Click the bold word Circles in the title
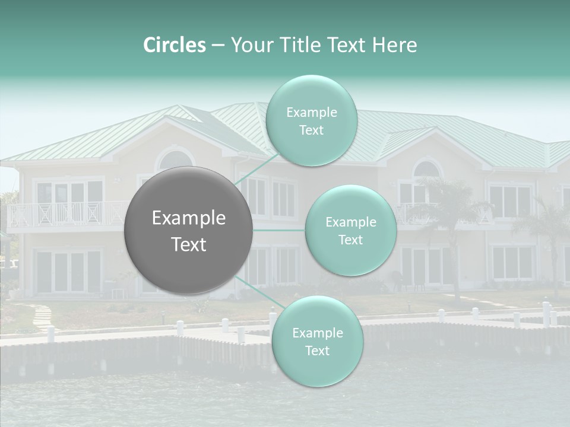174,45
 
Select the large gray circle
189,230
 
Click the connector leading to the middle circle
279,230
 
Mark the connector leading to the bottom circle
259,292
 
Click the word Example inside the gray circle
189,218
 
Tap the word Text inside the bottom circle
317,350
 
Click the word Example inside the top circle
312,113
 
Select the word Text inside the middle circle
350,240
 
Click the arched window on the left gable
175,161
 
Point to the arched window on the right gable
427,169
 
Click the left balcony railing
65,213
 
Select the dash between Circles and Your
218,46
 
